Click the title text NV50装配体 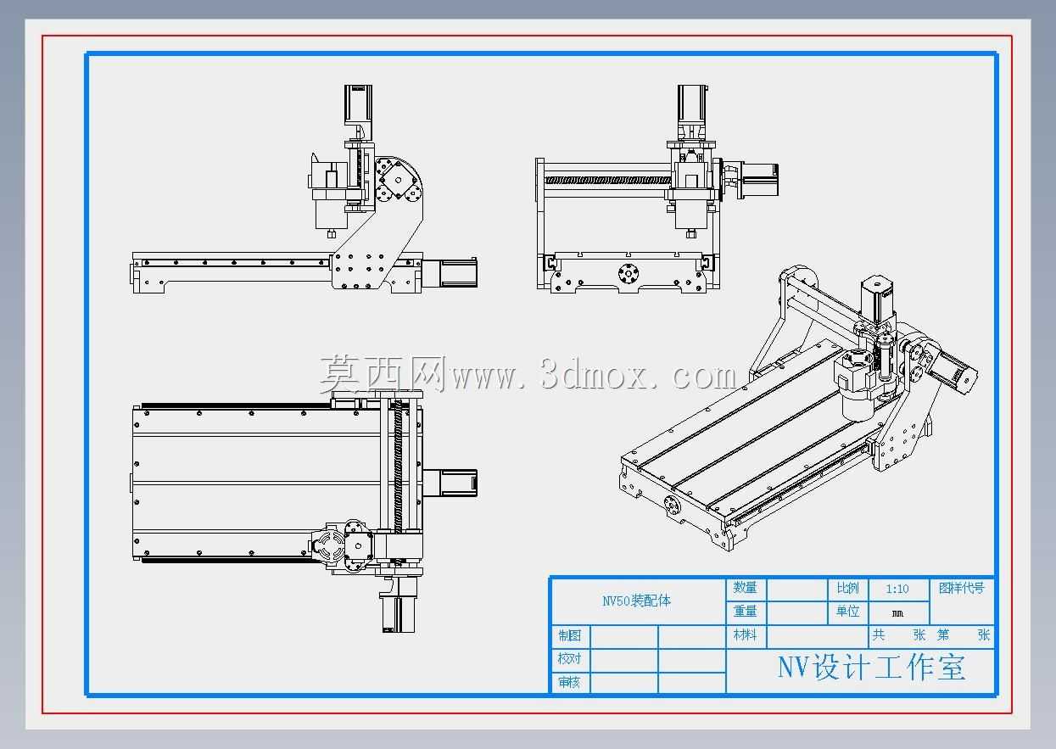636,601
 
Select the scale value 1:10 897,590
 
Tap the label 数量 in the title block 745,588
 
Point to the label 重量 745,612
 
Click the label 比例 847,589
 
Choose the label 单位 847,612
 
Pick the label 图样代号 962,589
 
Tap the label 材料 745,635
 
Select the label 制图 569,635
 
